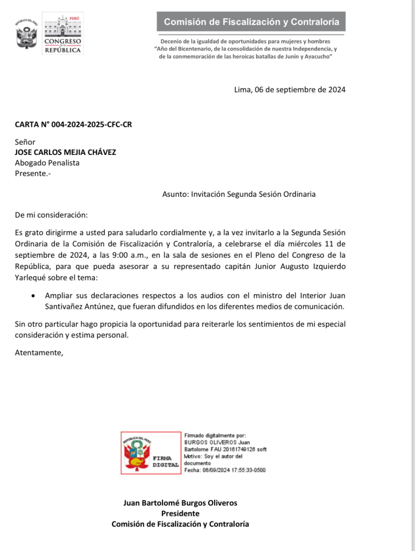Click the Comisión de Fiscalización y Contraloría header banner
(x=251, y=22)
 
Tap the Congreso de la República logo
(x=62, y=33)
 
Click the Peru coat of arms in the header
(x=26, y=35)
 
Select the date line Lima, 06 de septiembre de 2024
(x=290, y=90)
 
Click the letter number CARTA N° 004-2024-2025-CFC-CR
(x=73, y=125)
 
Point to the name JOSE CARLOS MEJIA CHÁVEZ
(x=65, y=152)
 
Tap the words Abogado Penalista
(x=47, y=163)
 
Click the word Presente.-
(x=33, y=173)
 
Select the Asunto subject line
(x=238, y=194)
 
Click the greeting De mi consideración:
(x=51, y=215)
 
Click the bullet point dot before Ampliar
(x=34, y=295)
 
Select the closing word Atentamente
(x=39, y=353)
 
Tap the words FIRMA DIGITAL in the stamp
(x=166, y=460)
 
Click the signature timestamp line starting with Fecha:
(x=224, y=470)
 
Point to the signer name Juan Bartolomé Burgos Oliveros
(x=180, y=503)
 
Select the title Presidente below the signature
(x=180, y=513)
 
